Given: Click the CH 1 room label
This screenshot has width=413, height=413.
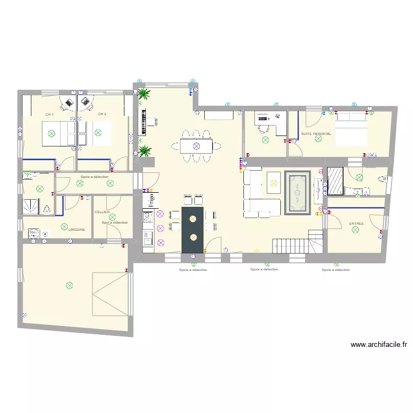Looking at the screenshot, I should [x=50, y=114].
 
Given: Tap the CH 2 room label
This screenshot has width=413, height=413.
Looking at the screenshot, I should [x=102, y=114].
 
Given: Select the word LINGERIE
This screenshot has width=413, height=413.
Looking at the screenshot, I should [x=77, y=229].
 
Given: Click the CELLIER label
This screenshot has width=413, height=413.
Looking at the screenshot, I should [x=102, y=212].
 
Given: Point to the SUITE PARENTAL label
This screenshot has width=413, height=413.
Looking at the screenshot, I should [x=316, y=134].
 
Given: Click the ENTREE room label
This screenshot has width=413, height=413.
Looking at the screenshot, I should [x=356, y=224].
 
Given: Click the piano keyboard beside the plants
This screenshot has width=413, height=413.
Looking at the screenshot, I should [x=144, y=122].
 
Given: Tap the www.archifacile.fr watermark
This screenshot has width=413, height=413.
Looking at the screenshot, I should [x=379, y=345].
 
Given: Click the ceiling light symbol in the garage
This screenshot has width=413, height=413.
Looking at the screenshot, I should [x=69, y=285].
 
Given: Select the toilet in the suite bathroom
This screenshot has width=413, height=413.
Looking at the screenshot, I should [x=379, y=179].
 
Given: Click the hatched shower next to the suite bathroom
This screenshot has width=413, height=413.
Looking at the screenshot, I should [x=335, y=181].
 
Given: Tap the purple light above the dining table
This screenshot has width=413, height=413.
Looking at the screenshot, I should [x=195, y=146].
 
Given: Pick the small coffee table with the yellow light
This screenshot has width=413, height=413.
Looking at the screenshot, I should [x=273, y=182].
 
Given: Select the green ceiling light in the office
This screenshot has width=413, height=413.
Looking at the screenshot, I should [x=265, y=140].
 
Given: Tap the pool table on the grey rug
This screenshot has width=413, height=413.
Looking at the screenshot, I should [x=297, y=192].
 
